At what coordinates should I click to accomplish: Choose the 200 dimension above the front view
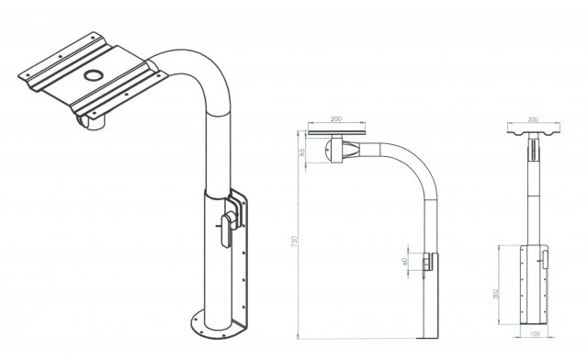(x=533, y=120)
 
